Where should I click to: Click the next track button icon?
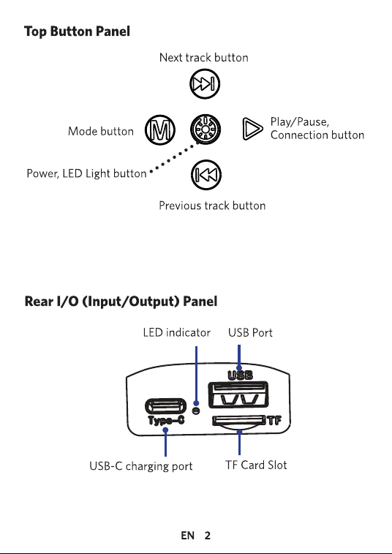coord(205,84)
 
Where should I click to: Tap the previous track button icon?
coord(206,174)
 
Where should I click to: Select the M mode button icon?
coord(160,130)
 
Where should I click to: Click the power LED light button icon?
coord(206,129)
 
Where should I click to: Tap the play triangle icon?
coord(252,129)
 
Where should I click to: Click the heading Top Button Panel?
coord(77,31)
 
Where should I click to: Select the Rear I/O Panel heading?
coord(121,302)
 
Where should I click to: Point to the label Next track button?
coord(204,57)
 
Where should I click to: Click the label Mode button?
coord(101,131)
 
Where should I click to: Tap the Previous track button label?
coord(212,205)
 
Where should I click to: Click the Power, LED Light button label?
coord(86,173)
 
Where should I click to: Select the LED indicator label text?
coord(176,332)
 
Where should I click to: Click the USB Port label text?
coord(250,332)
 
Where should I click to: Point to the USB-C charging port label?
coord(141,466)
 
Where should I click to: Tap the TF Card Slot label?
coord(256,465)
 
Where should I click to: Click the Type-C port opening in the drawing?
coord(165,406)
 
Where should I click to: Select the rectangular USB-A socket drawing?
coord(238,394)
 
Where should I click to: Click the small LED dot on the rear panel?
coord(196,411)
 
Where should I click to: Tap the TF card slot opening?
coord(238,421)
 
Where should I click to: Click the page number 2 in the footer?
coord(207,536)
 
